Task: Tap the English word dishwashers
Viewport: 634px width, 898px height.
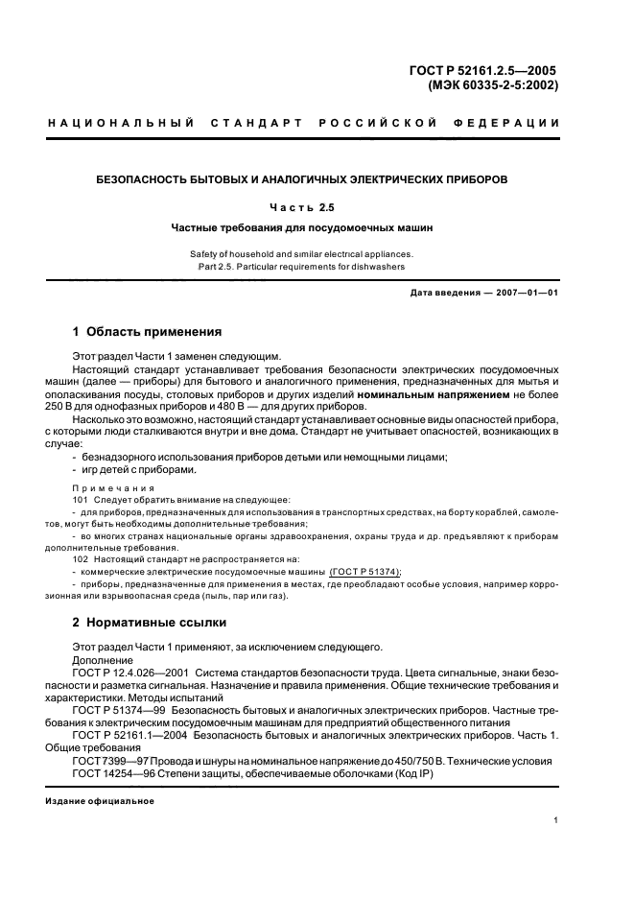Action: pyautogui.click(x=381, y=267)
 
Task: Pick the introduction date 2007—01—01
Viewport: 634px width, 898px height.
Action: pyautogui.click(x=518, y=292)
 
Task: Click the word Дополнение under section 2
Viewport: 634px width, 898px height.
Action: pyautogui.click(x=103, y=661)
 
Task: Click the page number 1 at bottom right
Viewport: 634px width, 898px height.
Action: pyautogui.click(x=556, y=820)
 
